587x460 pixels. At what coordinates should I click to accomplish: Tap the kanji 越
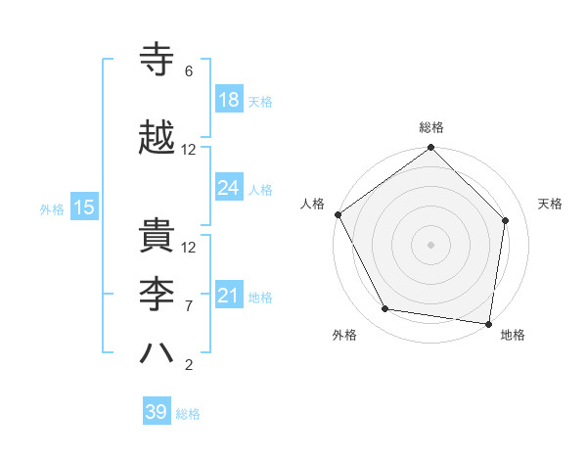[x=158, y=138]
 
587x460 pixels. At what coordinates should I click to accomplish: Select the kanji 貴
[x=158, y=234]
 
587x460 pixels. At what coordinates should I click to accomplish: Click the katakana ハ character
[x=158, y=353]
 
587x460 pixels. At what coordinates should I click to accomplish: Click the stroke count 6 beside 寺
[x=189, y=71]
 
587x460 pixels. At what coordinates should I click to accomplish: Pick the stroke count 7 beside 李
[x=189, y=306]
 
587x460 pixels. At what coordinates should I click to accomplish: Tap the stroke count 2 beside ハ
[x=189, y=366]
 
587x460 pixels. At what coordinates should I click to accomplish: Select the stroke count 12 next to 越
[x=189, y=150]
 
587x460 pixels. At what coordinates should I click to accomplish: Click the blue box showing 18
[x=228, y=100]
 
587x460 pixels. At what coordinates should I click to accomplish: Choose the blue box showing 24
[x=228, y=188]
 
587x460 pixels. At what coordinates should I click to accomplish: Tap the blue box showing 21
[x=228, y=296]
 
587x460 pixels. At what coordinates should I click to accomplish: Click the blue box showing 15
[x=83, y=207]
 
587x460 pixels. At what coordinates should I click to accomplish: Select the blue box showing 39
[x=156, y=412]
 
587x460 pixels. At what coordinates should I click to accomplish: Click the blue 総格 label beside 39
[x=188, y=414]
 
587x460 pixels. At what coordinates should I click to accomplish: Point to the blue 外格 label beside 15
[x=52, y=208]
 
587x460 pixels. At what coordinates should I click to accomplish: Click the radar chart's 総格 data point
[x=430, y=148]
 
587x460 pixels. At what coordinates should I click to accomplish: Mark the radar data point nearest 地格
[x=489, y=323]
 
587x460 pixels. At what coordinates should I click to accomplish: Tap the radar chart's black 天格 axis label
[x=550, y=204]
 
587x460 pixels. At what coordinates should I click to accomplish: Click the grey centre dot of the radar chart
[x=430, y=244]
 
